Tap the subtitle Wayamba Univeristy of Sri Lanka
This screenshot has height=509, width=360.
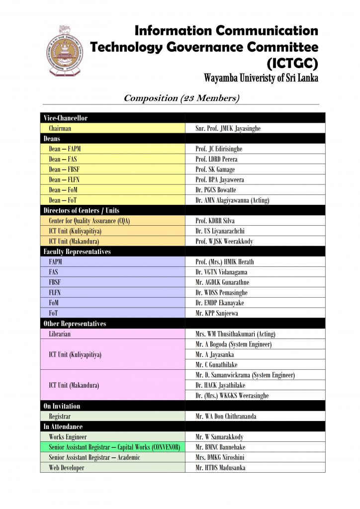click(261, 79)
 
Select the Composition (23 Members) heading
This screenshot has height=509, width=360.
click(181, 98)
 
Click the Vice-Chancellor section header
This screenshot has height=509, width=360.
click(66, 118)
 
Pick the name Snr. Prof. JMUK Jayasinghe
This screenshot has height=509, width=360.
click(228, 128)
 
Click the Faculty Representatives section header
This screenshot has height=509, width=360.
click(76, 252)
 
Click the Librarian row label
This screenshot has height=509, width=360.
click(60, 334)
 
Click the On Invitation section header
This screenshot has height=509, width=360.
click(62, 406)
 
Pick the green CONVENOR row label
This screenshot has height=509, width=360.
click(114, 447)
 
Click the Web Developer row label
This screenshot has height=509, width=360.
click(67, 468)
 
